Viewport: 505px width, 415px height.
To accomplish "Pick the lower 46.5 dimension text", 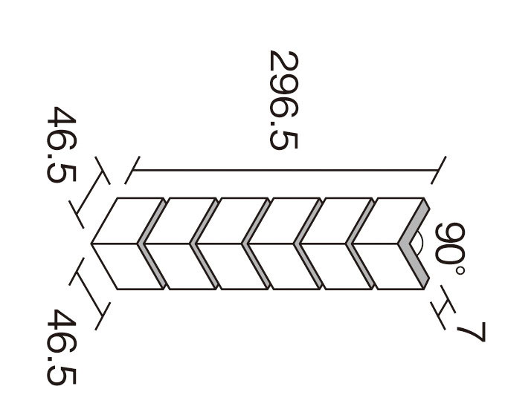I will (63, 348).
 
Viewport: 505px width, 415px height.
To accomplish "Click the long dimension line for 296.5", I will (286, 170).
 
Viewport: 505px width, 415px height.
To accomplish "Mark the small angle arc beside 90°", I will (419, 242).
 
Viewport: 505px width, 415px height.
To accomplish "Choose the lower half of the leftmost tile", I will (123, 264).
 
